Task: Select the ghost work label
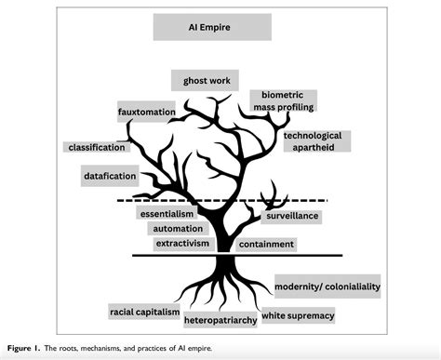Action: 206,80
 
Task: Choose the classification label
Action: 99,147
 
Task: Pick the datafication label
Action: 110,175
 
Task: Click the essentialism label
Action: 167,213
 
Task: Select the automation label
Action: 172,228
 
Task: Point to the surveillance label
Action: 292,216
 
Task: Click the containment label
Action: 266,244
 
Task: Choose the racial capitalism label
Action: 143,312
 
